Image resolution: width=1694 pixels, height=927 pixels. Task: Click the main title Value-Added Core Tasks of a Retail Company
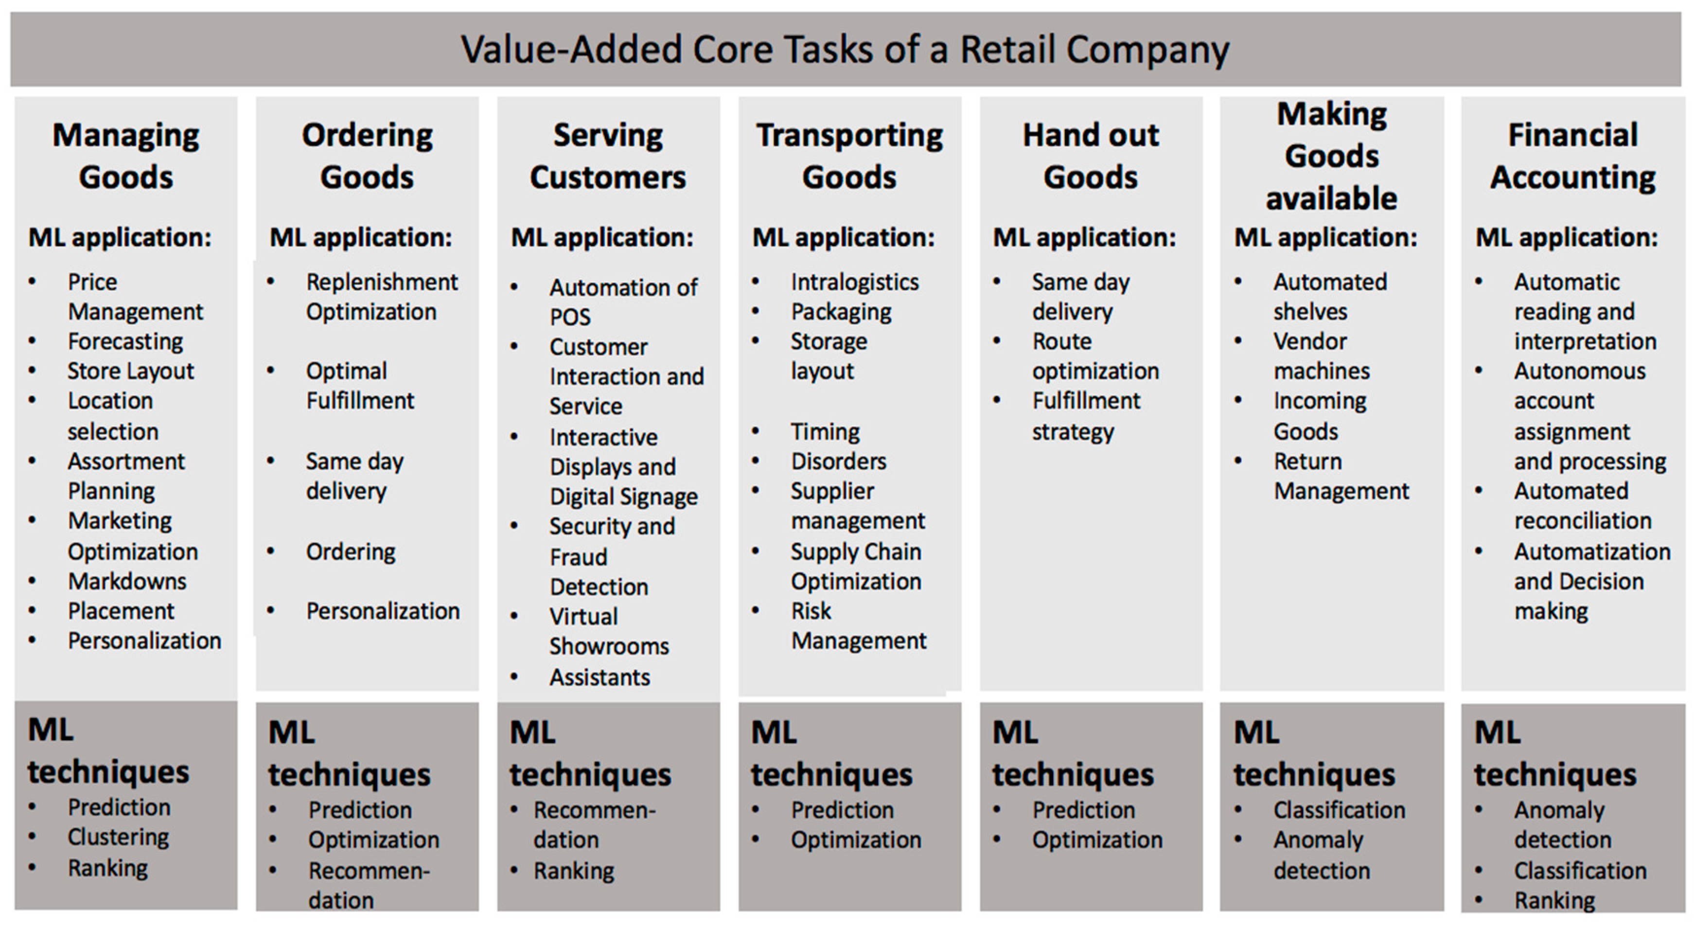point(845,50)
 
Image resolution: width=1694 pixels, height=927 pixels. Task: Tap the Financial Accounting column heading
point(1572,156)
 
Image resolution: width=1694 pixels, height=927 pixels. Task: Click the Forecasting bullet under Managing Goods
point(125,341)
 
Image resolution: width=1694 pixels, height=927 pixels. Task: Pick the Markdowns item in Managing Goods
point(127,581)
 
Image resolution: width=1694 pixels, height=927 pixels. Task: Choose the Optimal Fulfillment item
point(360,386)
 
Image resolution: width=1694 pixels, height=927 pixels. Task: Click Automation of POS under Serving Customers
point(623,302)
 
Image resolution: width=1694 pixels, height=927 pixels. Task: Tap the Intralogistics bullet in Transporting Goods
point(854,282)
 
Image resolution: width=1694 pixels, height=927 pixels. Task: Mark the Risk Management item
point(858,625)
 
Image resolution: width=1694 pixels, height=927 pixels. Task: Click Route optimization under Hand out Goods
point(1095,357)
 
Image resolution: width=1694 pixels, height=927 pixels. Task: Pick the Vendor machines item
point(1322,356)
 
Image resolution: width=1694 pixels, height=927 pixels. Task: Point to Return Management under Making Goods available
point(1341,476)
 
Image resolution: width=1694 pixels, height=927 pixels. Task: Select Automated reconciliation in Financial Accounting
point(1583,506)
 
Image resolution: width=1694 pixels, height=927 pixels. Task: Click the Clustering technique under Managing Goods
point(118,837)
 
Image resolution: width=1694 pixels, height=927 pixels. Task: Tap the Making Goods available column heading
point(1332,156)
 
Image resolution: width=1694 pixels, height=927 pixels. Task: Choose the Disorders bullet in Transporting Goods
point(838,461)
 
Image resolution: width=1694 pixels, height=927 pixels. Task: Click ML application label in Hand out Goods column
point(1084,237)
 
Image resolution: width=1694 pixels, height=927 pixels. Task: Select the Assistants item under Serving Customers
point(600,677)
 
